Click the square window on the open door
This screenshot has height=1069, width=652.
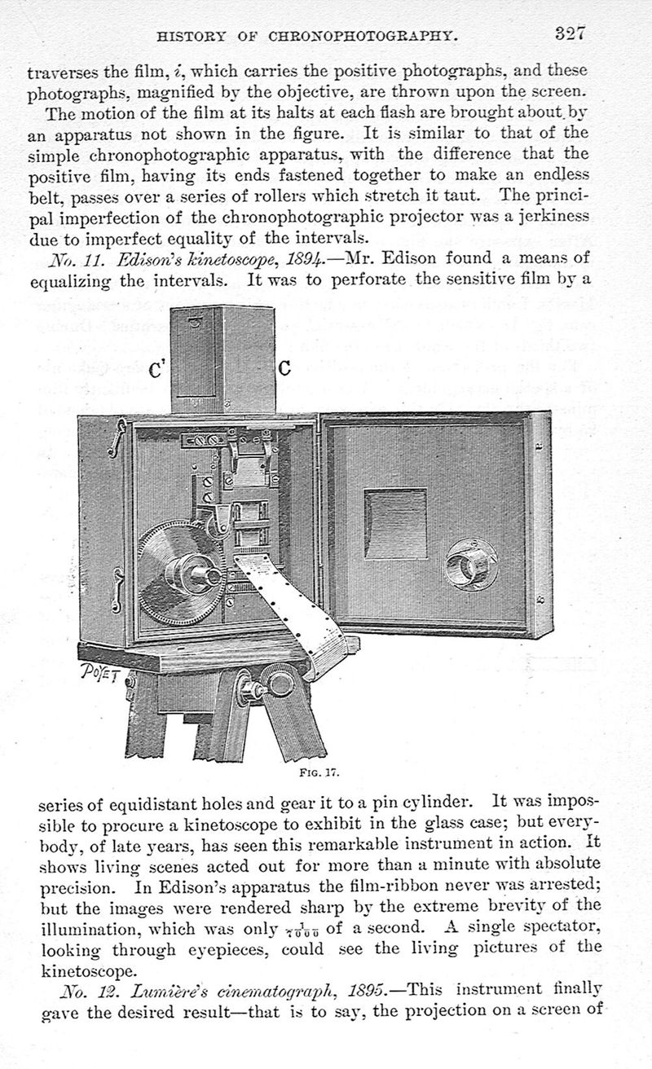tap(395, 523)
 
